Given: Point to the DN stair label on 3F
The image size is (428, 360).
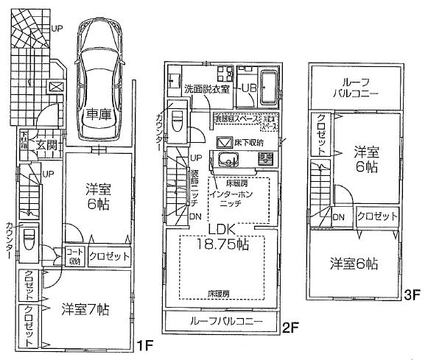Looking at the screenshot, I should click(338, 217).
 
